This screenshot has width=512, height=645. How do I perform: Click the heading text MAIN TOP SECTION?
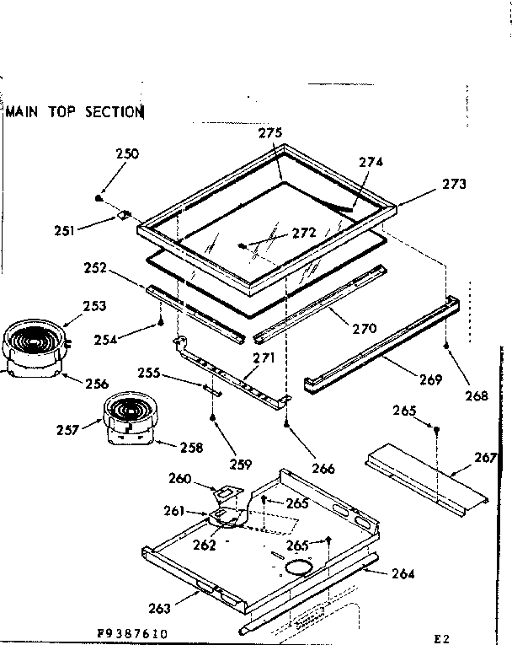click(75, 110)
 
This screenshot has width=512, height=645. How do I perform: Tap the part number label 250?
click(127, 154)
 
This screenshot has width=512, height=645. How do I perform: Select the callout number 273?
click(452, 184)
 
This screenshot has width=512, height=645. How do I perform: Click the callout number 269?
click(429, 379)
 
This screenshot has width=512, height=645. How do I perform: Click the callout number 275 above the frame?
click(269, 132)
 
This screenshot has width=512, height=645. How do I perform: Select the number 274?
click(371, 162)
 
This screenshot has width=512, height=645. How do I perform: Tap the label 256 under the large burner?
click(97, 384)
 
